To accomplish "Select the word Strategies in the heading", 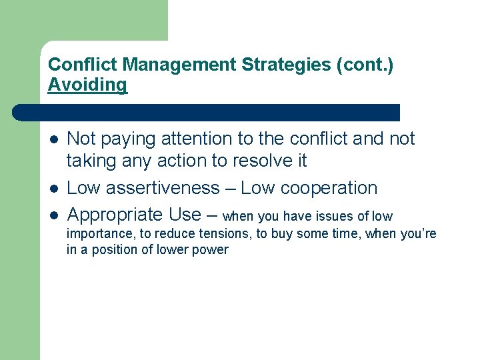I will (x=270, y=65).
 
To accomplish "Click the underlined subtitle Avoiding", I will (x=87, y=85).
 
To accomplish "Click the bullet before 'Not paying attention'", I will (x=53, y=139).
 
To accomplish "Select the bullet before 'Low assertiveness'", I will (x=53, y=189).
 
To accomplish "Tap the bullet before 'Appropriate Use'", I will (x=53, y=215).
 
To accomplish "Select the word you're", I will (x=418, y=234).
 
